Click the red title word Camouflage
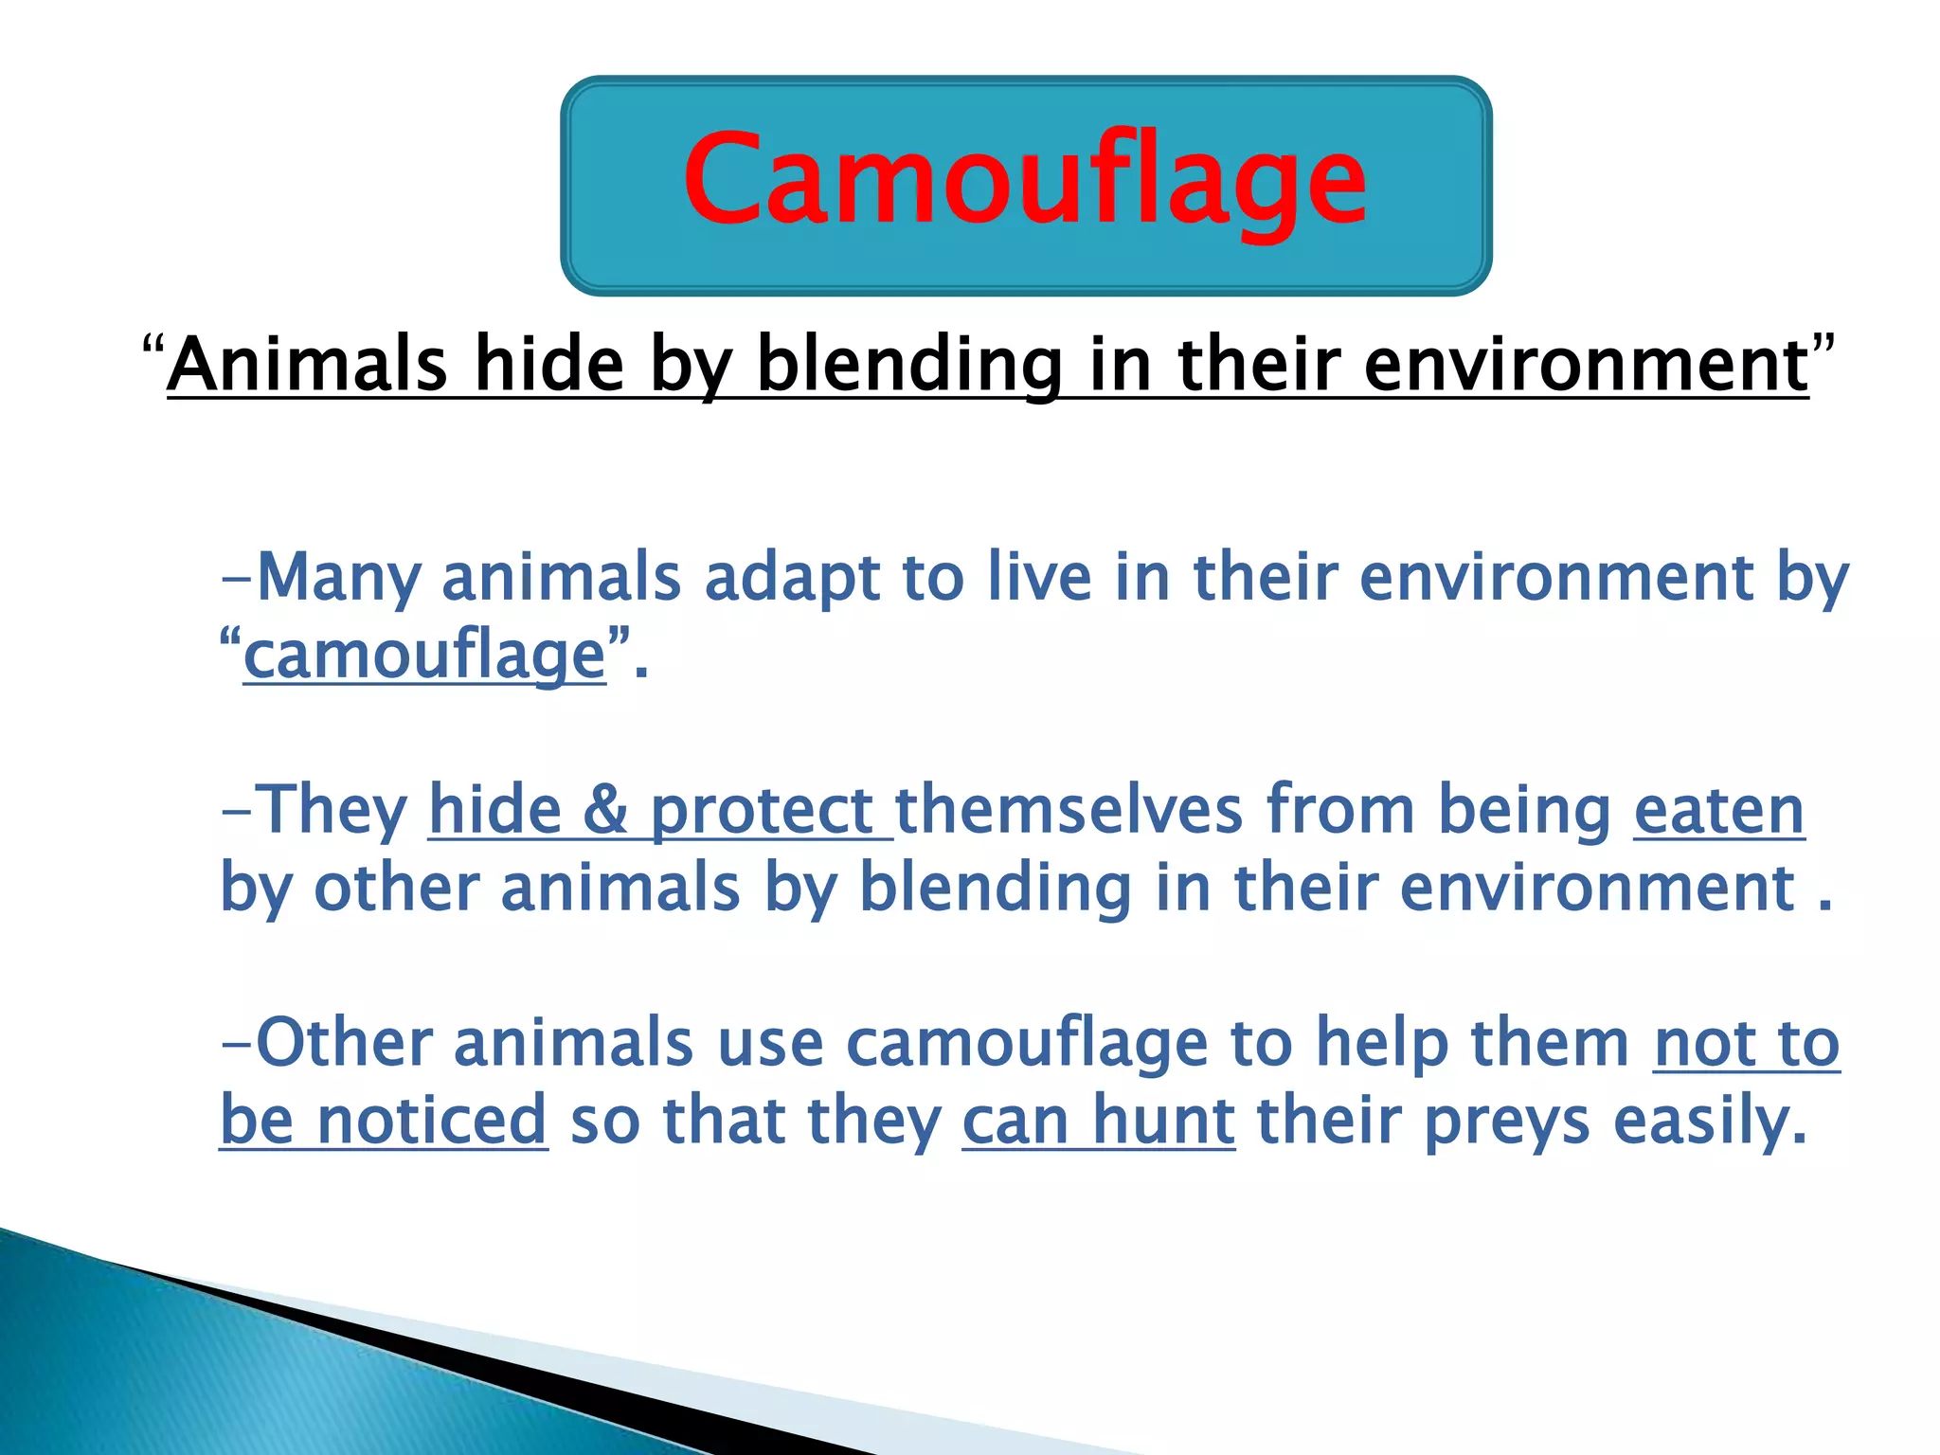pos(1025,180)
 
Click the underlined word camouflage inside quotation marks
pos(424,656)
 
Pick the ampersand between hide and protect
pos(604,811)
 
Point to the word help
pos(1382,1044)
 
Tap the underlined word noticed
pos(432,1121)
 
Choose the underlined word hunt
pos(1164,1121)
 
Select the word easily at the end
pos(1710,1121)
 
